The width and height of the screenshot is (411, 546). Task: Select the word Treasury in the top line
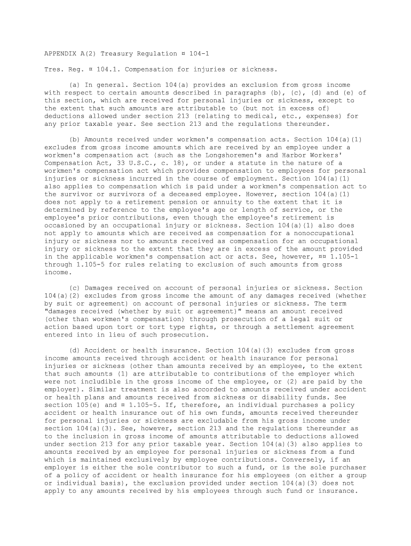pyautogui.click(x=120, y=54)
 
